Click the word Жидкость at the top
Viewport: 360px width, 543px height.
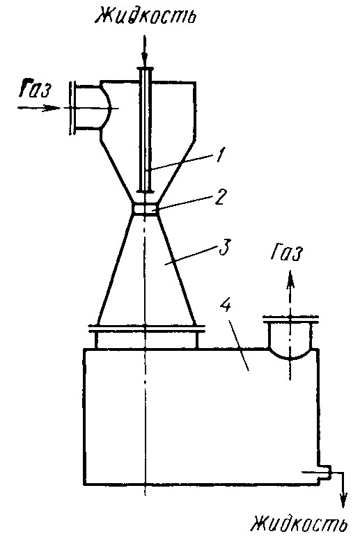146,15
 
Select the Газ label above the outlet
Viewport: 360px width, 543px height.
287,255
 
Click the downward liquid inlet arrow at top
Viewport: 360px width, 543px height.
145,52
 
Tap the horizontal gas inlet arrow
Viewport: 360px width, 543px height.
39,108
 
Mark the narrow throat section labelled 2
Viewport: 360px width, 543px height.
145,209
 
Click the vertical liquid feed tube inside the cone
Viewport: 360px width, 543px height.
145,130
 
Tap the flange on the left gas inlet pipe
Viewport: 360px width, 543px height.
72,108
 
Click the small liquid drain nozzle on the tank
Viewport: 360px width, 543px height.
324,472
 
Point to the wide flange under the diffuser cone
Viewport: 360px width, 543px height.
146,328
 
